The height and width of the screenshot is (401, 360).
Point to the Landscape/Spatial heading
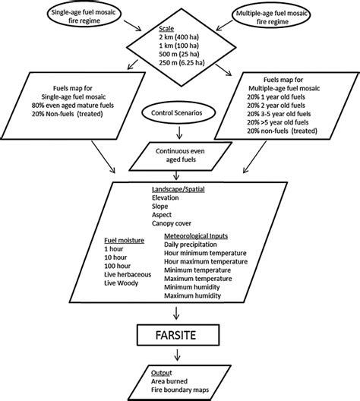click(x=178, y=188)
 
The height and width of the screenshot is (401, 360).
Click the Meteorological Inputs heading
click(x=200, y=235)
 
